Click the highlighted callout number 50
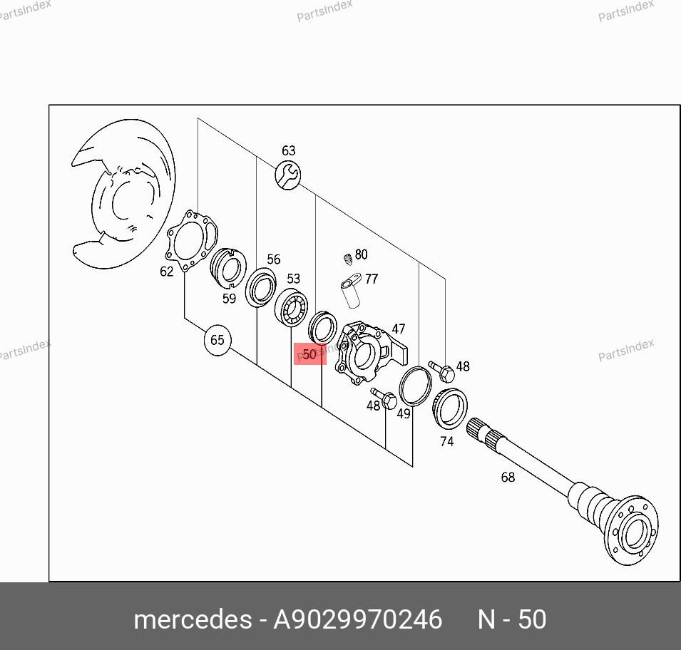(309, 354)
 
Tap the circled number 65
(217, 340)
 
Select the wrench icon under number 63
(287, 175)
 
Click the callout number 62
(167, 272)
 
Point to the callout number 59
(229, 299)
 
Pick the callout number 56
(274, 259)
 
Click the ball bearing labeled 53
(291, 307)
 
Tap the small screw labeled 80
(347, 259)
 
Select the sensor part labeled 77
(351, 290)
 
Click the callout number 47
(399, 329)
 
